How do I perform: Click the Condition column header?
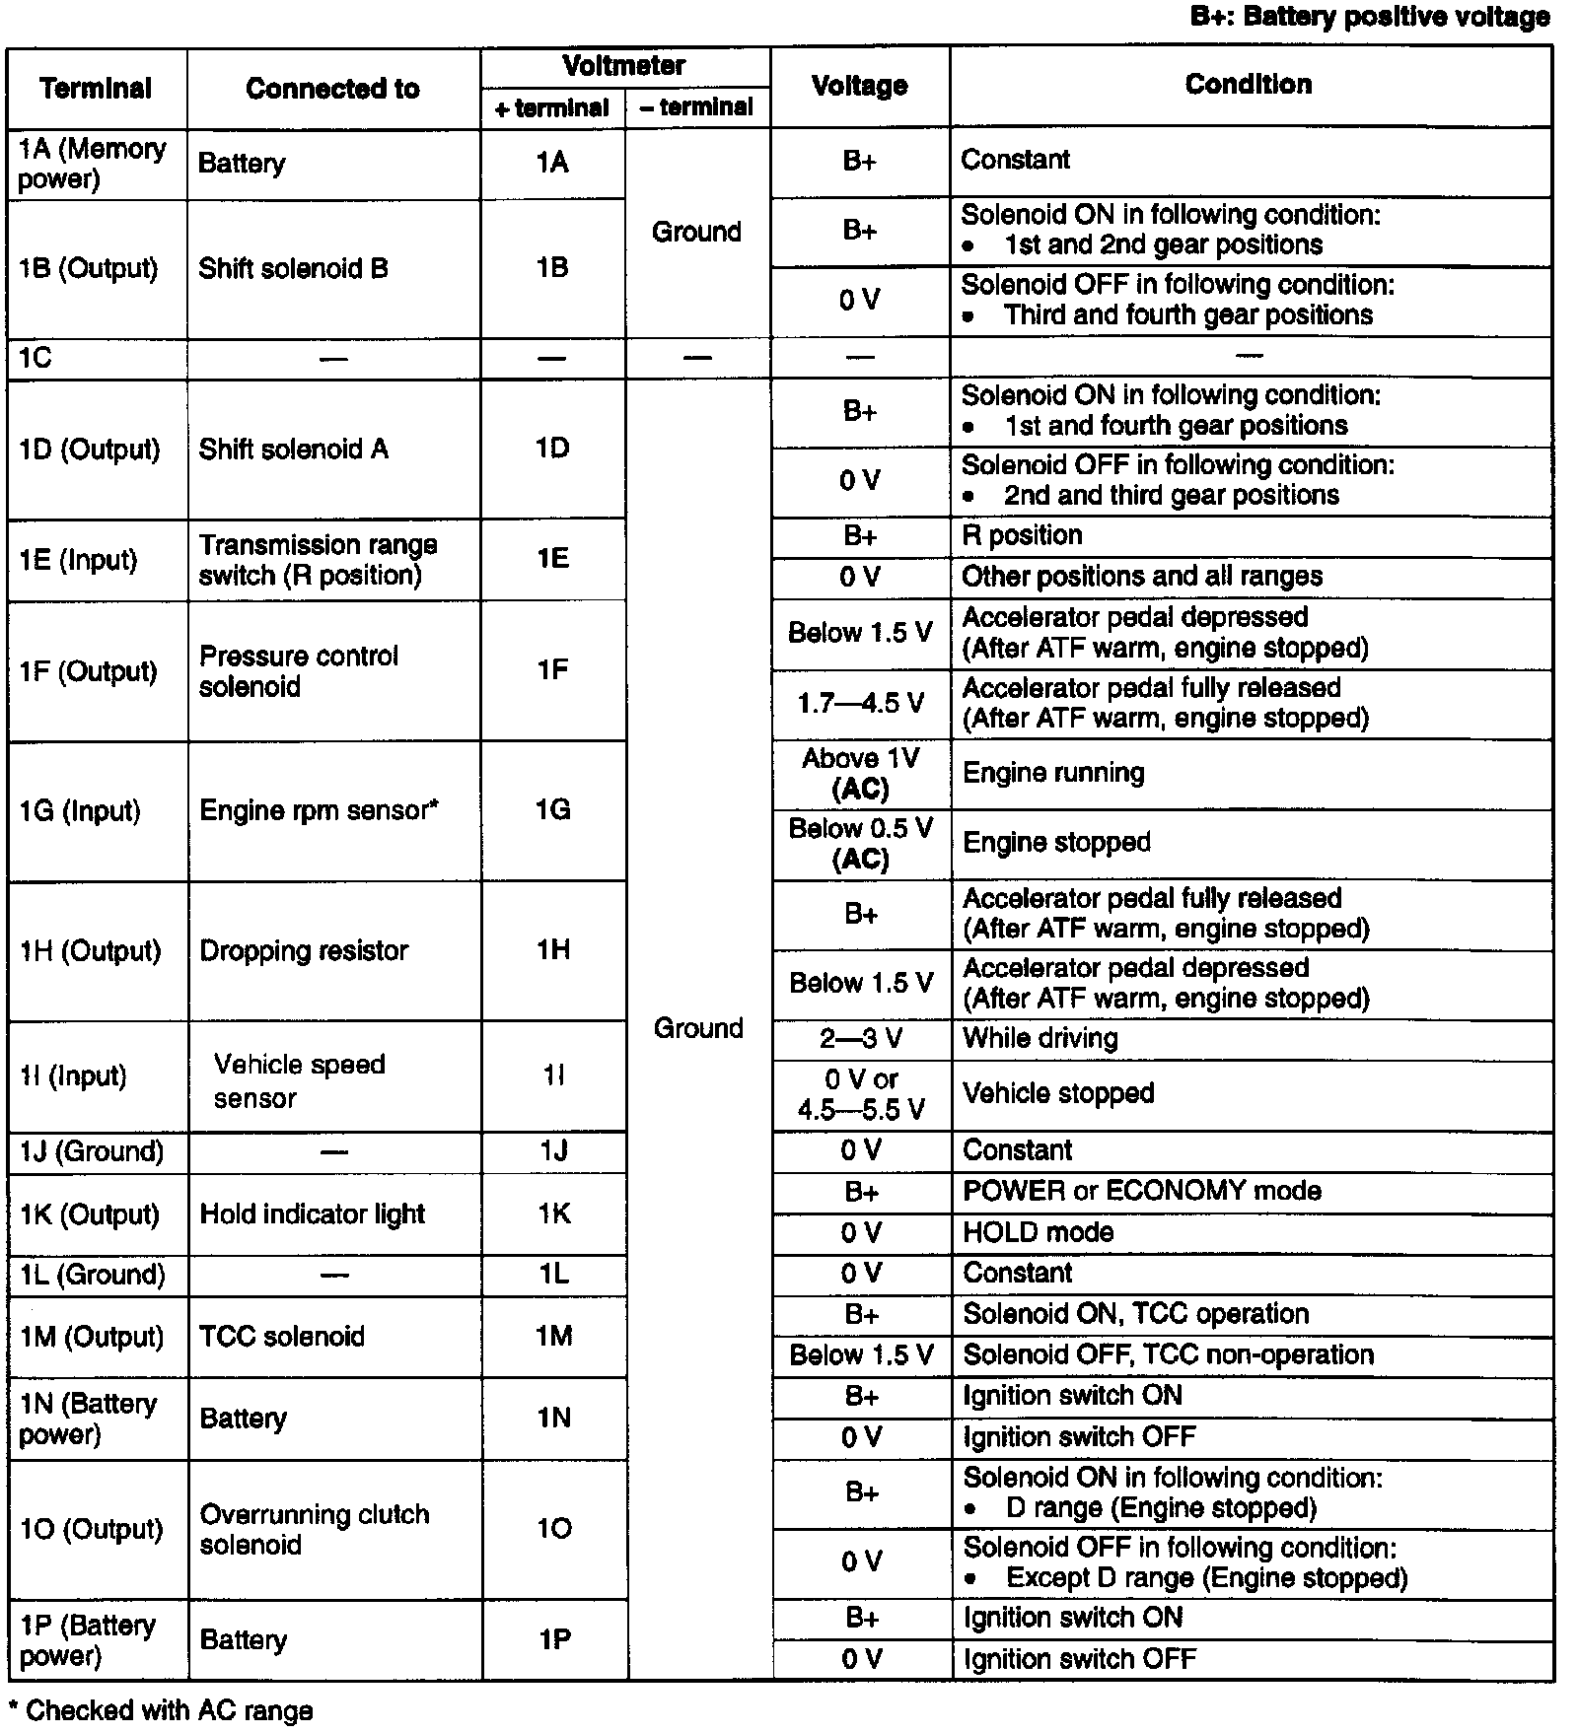coord(1248,85)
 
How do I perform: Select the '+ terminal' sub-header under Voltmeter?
coord(552,108)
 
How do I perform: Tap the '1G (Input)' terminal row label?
coord(80,811)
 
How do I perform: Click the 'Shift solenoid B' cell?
coord(293,269)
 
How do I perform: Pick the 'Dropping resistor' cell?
coord(304,951)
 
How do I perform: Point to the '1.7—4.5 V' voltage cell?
coord(861,703)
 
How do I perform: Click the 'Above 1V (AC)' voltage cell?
coord(861,774)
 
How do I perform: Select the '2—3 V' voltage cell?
coord(861,1039)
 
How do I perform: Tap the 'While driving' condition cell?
coord(1040,1039)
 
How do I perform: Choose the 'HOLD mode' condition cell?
coord(1039,1232)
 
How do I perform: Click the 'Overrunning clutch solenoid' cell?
coord(314,1529)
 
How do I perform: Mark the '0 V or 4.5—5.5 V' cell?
coord(861,1095)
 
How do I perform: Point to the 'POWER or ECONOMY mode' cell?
coord(1142,1191)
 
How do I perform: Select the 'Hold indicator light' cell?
coord(312,1214)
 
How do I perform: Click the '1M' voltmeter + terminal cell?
coord(554,1337)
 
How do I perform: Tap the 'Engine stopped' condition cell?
coord(1056,843)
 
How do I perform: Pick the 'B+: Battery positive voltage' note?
coord(1370,17)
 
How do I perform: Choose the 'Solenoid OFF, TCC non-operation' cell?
coord(1169,1355)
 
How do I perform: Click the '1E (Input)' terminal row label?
coord(78,561)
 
